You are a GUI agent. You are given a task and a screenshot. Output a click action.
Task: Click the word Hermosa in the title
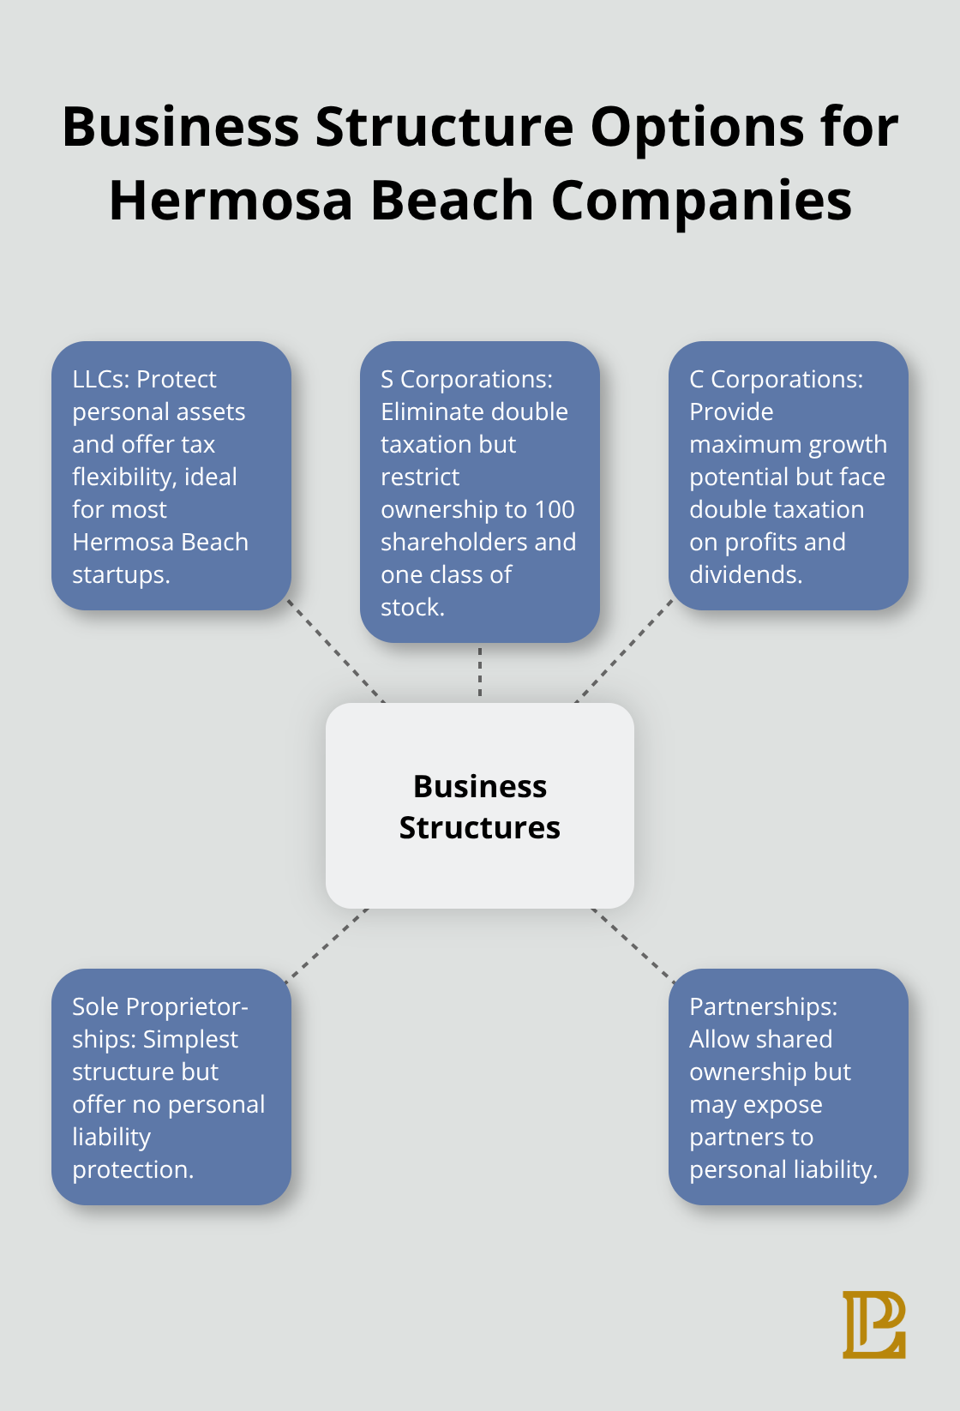coord(231,201)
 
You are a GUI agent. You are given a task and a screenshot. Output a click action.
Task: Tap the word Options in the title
coord(697,127)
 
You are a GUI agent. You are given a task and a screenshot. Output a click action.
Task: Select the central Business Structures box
coord(479,806)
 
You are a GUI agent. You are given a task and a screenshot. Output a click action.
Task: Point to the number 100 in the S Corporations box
coord(555,509)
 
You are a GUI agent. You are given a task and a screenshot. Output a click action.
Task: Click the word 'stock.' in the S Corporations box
coord(412,607)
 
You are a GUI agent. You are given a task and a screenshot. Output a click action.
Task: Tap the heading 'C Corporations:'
coord(776,379)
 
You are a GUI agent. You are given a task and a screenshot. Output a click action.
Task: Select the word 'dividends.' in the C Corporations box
coord(746,574)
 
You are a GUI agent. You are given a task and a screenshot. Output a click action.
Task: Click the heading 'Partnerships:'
coord(763,1006)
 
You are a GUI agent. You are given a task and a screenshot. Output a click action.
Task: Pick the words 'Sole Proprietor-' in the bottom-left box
coord(160,1006)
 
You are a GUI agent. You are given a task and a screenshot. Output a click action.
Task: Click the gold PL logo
coord(873,1324)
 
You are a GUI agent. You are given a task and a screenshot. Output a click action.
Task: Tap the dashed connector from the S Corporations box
coord(480,672)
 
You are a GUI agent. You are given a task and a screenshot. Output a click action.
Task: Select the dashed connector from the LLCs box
coord(336,651)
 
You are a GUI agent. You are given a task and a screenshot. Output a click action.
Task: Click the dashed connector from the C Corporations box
coord(625,651)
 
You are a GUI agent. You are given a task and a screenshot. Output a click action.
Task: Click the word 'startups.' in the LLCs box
coord(121,574)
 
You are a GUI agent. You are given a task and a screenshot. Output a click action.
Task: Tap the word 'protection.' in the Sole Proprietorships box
coord(133,1169)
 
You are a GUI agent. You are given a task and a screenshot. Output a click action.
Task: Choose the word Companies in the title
coord(701,201)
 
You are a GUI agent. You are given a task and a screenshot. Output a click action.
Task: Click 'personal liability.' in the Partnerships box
coord(783,1169)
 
